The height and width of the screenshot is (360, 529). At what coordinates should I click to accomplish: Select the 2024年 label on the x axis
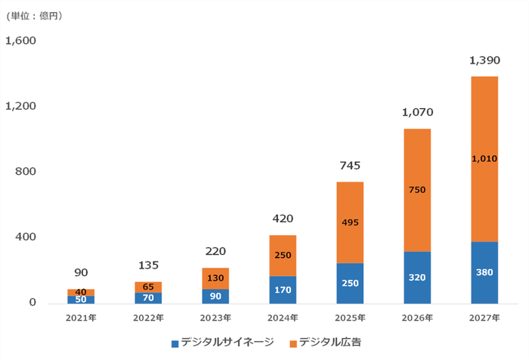tap(282, 318)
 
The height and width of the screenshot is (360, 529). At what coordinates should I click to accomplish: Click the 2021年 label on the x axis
tap(80, 318)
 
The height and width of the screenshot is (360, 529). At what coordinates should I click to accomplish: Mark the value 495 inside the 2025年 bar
tap(349, 222)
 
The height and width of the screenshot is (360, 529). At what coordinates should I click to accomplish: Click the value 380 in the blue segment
tap(484, 273)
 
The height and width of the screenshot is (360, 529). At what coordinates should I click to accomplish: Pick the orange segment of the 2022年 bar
tap(147, 287)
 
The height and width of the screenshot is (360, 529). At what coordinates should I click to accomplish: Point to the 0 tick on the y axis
tap(31, 303)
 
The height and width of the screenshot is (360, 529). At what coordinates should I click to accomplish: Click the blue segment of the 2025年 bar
tap(349, 284)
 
